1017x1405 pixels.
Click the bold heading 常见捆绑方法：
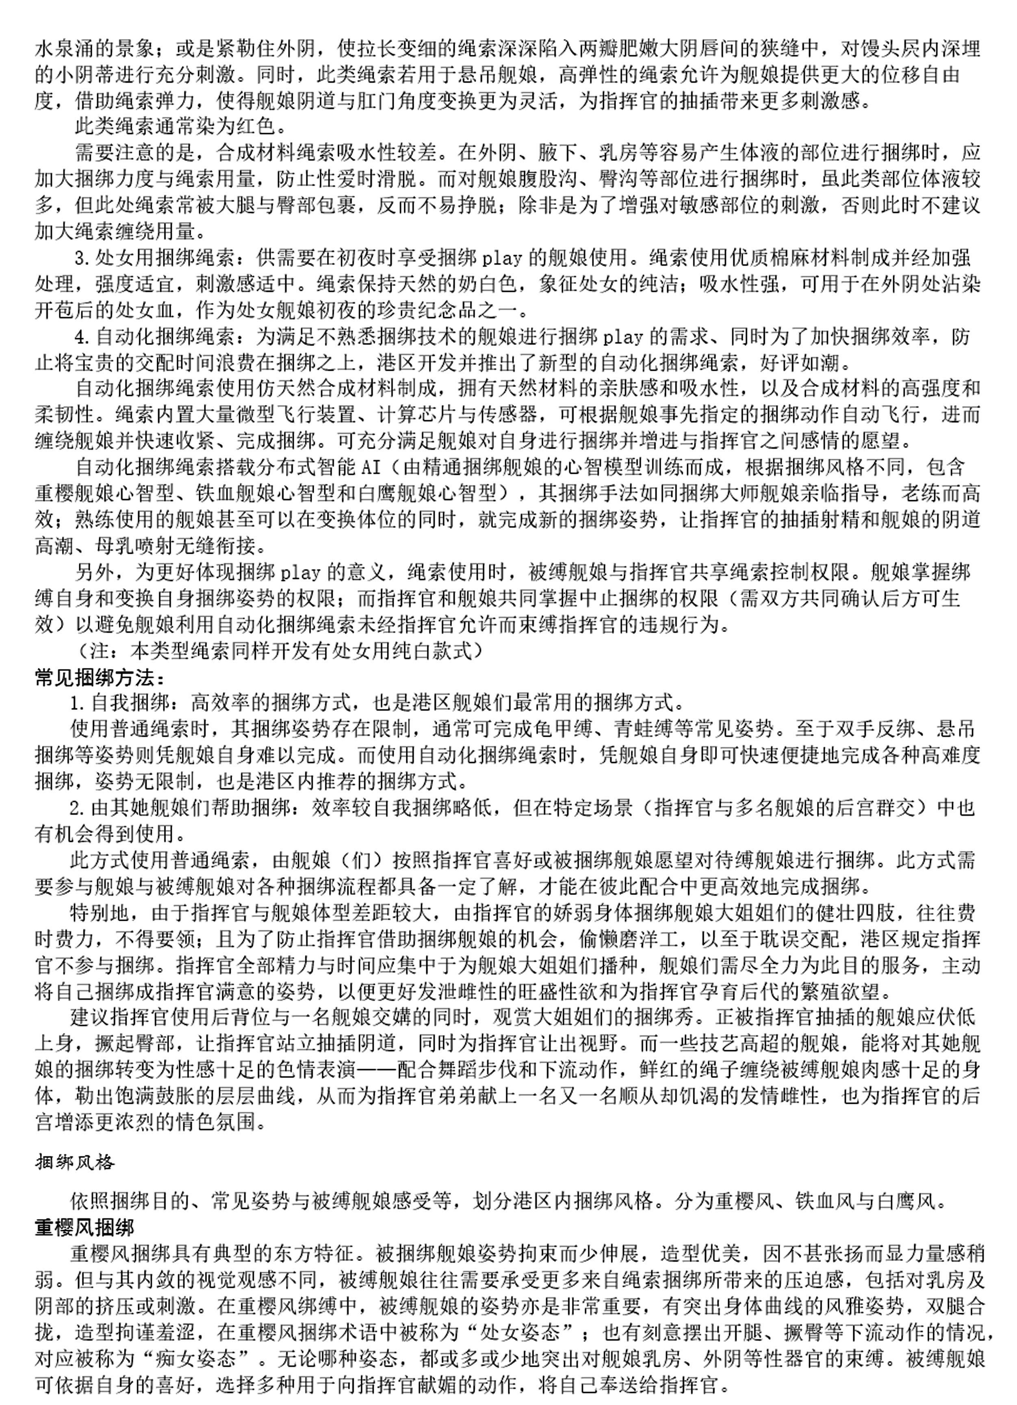100,679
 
